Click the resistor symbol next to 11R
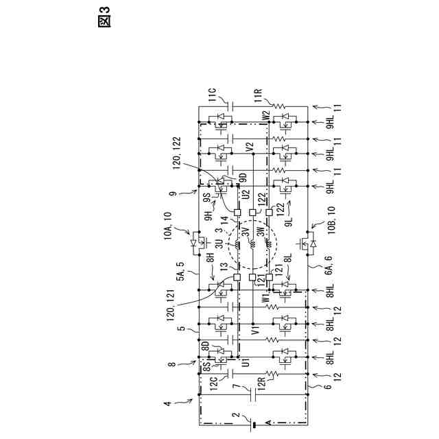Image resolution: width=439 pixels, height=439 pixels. [279, 106]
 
